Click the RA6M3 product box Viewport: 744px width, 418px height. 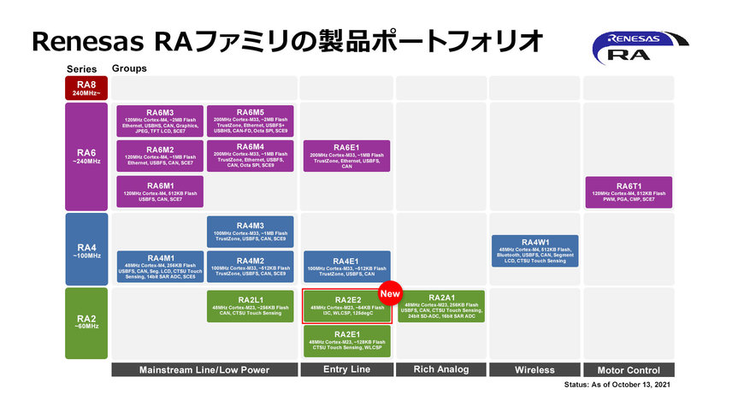coord(160,121)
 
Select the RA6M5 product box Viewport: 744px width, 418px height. coord(251,121)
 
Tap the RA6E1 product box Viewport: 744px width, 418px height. coord(346,156)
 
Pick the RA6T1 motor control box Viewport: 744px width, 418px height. coord(629,191)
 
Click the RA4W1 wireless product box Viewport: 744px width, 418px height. coord(534,250)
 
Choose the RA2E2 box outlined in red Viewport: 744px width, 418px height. coord(346,306)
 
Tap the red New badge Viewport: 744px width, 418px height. coord(390,293)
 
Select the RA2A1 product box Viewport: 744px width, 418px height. coord(440,306)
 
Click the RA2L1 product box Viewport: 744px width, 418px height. coord(251,306)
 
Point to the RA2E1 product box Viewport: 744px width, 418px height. coord(346,341)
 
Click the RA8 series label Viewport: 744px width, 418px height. coord(86,88)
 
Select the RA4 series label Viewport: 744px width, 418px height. coord(86,249)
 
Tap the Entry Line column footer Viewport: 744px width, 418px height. coord(346,370)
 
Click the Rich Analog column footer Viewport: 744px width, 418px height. coord(440,370)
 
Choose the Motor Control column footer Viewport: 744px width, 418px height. coord(629,370)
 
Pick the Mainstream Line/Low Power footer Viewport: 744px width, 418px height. coord(205,370)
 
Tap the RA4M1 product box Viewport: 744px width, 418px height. coord(160,267)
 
